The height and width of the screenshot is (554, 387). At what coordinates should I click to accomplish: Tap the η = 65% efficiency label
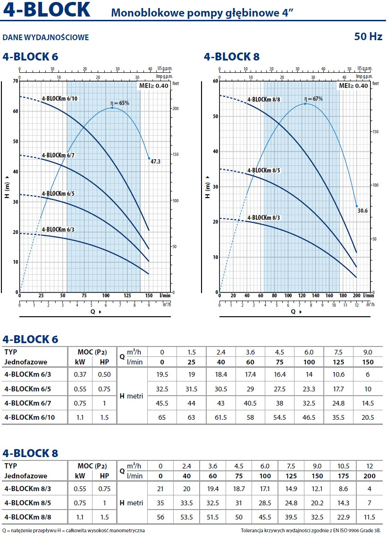pyautogui.click(x=119, y=103)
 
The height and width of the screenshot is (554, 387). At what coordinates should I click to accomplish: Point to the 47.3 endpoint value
pyautogui.click(x=156, y=162)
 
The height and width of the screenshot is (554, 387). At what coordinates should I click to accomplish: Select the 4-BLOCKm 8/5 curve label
pyautogui.click(x=264, y=170)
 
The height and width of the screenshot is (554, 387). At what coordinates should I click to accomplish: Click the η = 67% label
pyautogui.click(x=313, y=99)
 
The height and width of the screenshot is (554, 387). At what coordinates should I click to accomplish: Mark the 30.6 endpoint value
pyautogui.click(x=362, y=210)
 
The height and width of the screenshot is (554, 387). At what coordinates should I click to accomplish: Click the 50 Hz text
pyautogui.click(x=369, y=36)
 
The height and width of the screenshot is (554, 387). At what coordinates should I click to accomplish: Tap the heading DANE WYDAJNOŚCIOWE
pyautogui.click(x=46, y=37)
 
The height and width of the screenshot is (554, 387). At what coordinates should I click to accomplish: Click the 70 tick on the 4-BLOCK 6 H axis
pyautogui.click(x=15, y=81)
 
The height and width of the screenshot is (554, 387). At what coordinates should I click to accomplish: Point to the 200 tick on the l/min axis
pyautogui.click(x=356, y=295)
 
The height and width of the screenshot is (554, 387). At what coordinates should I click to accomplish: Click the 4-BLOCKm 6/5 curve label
pyautogui.click(x=58, y=194)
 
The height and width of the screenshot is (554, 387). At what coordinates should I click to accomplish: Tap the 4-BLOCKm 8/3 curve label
pyautogui.click(x=264, y=217)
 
